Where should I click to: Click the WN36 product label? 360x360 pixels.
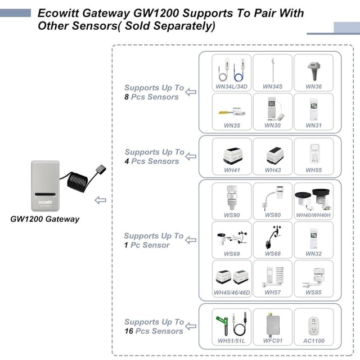[313, 87]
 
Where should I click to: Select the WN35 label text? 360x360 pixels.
[232, 125]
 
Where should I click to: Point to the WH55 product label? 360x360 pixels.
[313, 170]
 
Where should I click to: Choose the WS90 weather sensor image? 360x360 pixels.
[231, 197]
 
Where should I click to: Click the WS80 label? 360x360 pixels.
[272, 215]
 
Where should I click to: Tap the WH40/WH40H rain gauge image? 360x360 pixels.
[314, 197]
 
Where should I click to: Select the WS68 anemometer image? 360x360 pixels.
[272, 236]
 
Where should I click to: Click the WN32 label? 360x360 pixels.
[313, 254]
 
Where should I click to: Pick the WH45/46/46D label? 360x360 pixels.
[232, 292]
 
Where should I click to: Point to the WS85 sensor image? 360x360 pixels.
[314, 275]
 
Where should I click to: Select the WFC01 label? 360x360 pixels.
[272, 341]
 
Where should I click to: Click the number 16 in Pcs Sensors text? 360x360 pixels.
[129, 331]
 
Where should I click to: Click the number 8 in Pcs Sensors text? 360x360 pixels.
[127, 97]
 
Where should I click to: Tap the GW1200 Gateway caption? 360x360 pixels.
[45, 219]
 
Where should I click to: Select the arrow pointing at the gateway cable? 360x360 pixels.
[101, 200]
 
